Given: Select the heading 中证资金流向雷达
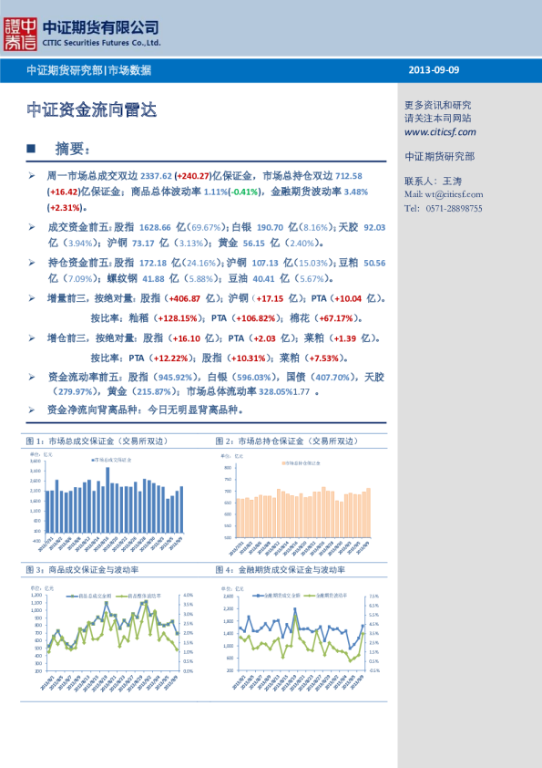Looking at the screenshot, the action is pyautogui.click(x=91, y=110).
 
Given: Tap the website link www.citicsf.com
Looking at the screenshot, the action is pyautogui.click(x=443, y=131).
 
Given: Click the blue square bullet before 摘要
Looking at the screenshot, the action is pyautogui.click(x=31, y=149).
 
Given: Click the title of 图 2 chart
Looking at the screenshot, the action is pyautogui.click(x=281, y=441).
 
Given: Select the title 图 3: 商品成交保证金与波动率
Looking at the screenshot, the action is pyautogui.click(x=82, y=569).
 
